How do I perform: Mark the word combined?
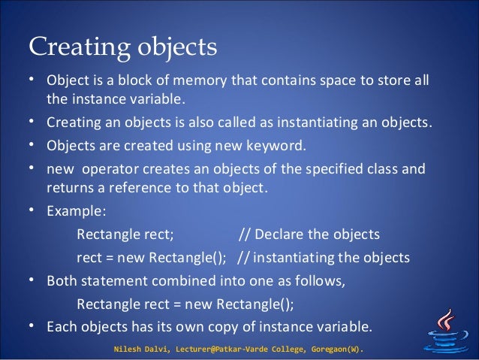[171, 282]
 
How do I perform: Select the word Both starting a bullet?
[62, 282]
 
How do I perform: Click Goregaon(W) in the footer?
[328, 349]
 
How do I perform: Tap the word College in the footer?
[264, 349]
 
